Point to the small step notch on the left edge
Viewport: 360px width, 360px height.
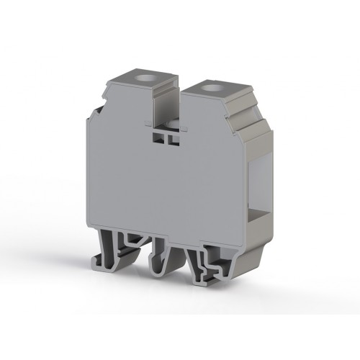96,111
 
